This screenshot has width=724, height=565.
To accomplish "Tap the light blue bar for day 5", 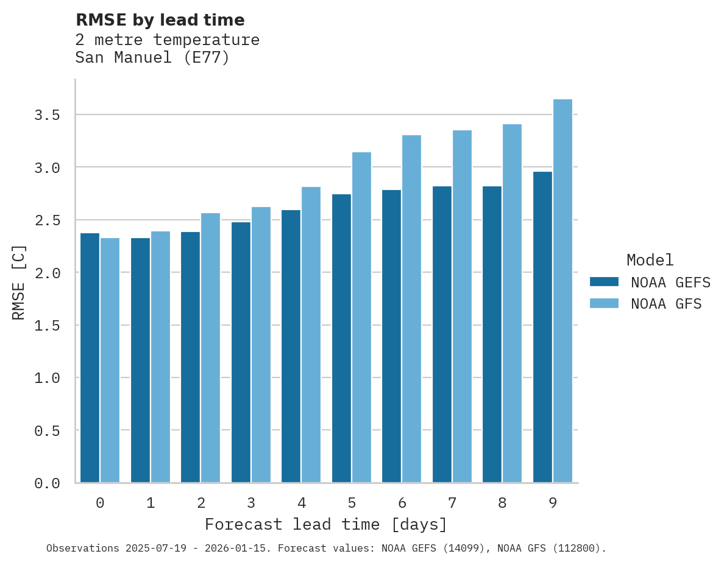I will coord(361,317).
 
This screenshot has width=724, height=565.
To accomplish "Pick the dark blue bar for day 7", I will coord(442,334).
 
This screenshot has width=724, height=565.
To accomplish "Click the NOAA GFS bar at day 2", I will coord(210,348).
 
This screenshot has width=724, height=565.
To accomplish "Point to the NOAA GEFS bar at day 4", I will coord(291,346).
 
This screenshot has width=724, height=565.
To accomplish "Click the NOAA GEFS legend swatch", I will coord(604,282).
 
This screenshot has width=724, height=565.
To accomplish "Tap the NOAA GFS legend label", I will coord(666,304).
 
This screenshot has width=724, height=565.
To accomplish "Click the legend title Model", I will coord(650,260).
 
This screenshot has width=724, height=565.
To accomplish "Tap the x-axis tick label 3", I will coord(251,503).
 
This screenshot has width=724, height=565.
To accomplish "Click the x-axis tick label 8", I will coord(502,503).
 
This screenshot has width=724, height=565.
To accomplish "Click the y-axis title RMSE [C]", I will coord(19,281).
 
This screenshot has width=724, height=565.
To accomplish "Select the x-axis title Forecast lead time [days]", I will coord(326,524).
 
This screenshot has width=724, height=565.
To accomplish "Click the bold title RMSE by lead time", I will coord(160,20).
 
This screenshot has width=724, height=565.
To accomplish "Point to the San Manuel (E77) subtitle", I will coord(152,58).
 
